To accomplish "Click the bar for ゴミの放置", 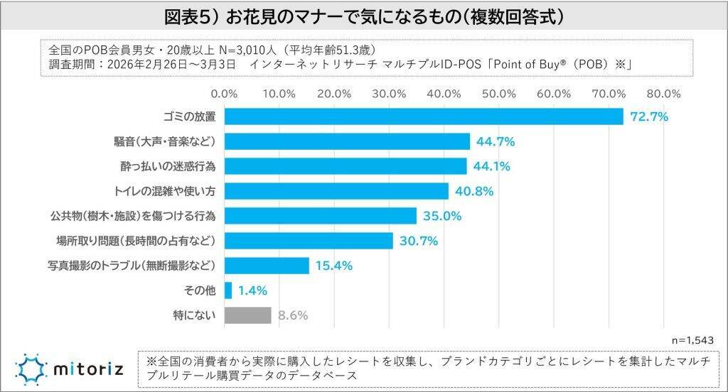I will click(424, 116).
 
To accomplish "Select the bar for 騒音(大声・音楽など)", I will click(347, 141).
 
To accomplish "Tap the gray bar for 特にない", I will click(248, 315).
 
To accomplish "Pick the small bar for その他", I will click(228, 290).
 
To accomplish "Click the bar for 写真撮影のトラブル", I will click(267, 266).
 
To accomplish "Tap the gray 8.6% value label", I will click(292, 315).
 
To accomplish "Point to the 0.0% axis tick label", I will click(225, 93).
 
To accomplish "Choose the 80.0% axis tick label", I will click(665, 93).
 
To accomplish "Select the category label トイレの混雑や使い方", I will click(164, 191).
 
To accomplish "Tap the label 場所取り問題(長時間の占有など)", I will click(135, 241).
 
